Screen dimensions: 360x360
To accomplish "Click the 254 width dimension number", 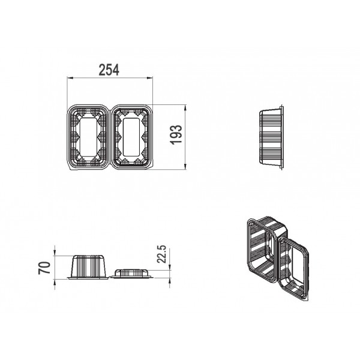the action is (109, 70).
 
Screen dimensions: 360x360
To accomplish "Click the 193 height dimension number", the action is (176, 134).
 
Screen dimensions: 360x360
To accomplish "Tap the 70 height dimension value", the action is (44, 268).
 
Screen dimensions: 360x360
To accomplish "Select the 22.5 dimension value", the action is (161, 254).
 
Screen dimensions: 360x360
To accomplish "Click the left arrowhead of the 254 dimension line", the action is (70, 78).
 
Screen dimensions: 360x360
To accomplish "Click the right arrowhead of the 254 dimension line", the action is (149, 78).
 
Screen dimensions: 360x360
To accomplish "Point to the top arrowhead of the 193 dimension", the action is (185, 107).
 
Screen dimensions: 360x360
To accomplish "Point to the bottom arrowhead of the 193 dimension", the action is (185, 167).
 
